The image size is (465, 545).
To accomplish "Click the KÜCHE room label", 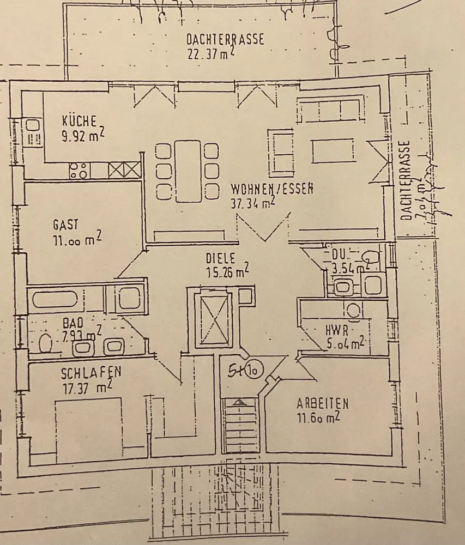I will point(79,120).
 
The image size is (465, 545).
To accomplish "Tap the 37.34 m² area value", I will point(252,203).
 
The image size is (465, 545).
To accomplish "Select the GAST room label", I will point(66,224).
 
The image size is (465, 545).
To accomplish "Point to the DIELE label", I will point(220,257).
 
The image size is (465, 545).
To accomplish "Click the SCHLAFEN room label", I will point(91,373).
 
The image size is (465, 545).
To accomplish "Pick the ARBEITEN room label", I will point(323,404).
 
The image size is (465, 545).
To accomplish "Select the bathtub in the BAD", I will point(56,299).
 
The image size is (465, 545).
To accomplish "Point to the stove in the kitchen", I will point(78,171).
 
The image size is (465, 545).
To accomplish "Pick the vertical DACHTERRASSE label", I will point(405,180).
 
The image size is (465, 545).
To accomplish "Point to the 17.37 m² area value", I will point(87,388).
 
